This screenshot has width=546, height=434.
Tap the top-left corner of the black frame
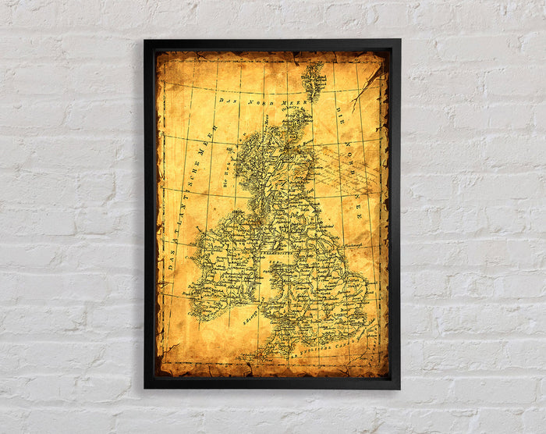pyautogui.click(x=145, y=41)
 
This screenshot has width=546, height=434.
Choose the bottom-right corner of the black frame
pyautogui.click(x=399, y=387)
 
